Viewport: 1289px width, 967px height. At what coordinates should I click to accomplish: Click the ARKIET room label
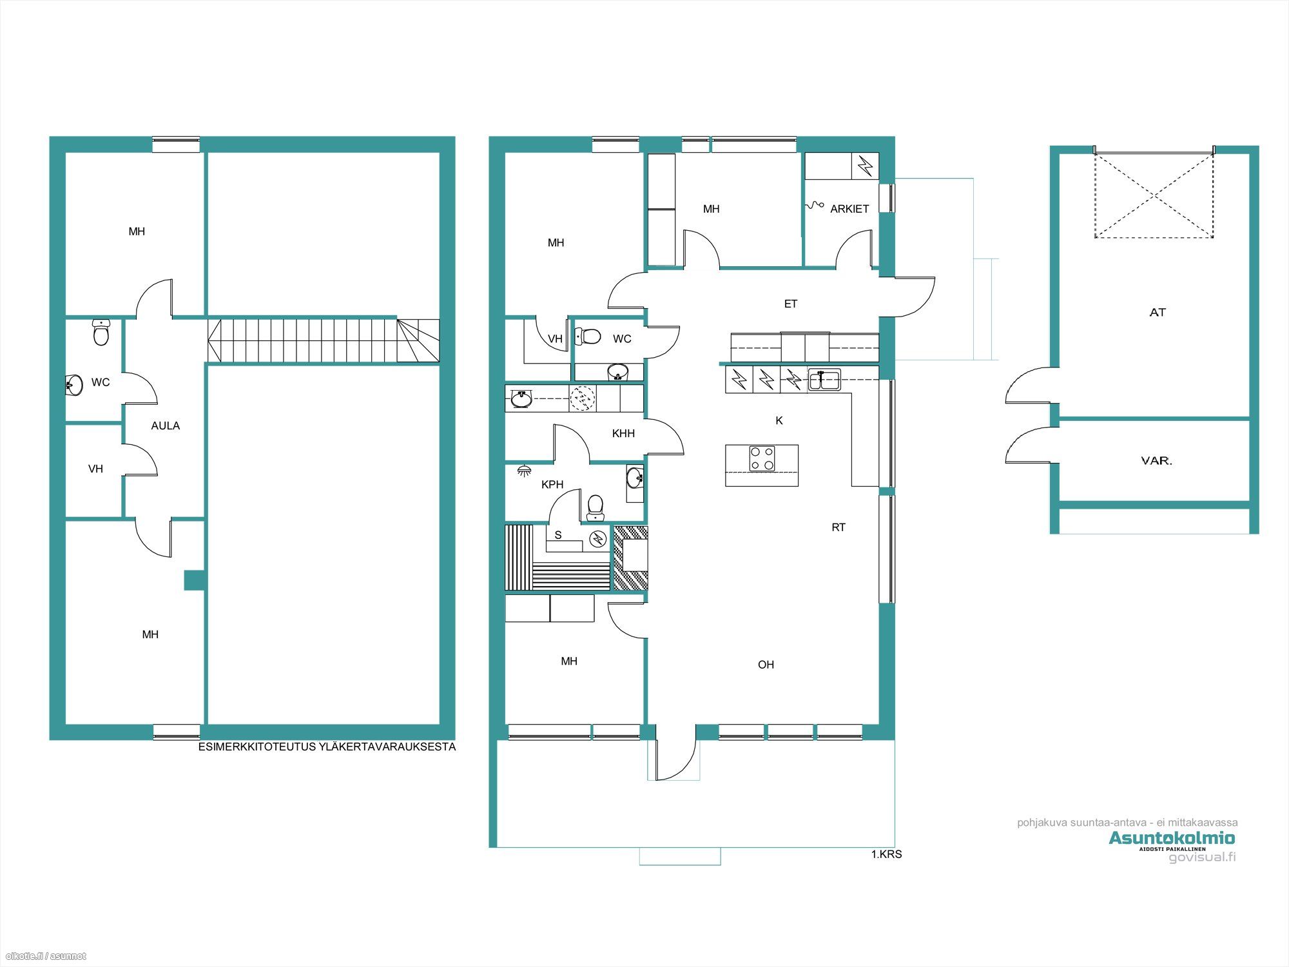(x=849, y=209)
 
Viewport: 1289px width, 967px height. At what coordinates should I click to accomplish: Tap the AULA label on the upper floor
(x=166, y=425)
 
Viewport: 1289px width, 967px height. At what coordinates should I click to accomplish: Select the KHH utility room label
(x=623, y=433)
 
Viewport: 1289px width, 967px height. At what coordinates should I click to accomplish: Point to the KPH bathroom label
(x=552, y=484)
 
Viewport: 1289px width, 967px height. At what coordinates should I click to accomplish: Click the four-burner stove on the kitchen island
(x=762, y=458)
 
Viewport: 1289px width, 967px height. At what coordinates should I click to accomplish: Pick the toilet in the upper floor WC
(x=101, y=332)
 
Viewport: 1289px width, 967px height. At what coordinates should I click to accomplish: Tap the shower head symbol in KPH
(x=524, y=471)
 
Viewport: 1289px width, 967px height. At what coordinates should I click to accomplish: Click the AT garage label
(x=1158, y=312)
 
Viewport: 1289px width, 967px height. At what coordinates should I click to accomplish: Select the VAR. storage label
(x=1156, y=460)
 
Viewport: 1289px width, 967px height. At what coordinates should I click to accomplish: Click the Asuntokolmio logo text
(x=1172, y=838)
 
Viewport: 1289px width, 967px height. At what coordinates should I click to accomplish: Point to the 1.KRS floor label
(x=886, y=854)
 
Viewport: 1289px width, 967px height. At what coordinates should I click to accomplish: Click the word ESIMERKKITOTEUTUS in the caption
(x=257, y=747)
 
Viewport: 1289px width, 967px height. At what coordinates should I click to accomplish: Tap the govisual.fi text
(x=1202, y=857)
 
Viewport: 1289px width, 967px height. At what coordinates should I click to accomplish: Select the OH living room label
(x=766, y=665)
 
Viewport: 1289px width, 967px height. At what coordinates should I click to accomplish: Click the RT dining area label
(x=838, y=527)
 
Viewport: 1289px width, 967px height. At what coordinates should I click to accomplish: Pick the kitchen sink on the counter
(x=824, y=380)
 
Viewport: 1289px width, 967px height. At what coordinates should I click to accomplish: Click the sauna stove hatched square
(x=630, y=558)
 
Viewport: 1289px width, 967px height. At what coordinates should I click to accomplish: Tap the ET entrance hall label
(x=791, y=304)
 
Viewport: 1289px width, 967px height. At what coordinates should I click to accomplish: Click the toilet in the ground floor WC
(x=587, y=336)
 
